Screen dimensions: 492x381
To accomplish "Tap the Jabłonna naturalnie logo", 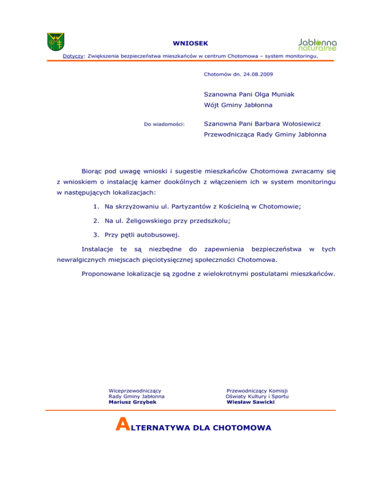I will pyautogui.click(x=317, y=45).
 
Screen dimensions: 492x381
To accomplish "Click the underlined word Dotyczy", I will pyautogui.click(x=73, y=56).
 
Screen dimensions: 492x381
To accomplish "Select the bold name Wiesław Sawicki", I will pyautogui.click(x=250, y=402).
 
